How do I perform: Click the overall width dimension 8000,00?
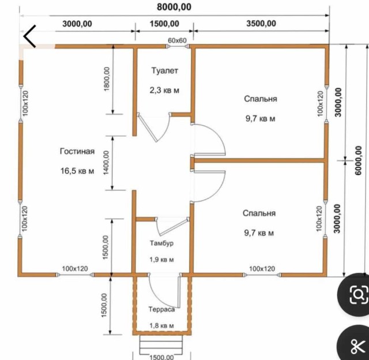click(174, 7)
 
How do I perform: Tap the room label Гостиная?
click(77, 151)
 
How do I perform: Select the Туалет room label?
click(164, 70)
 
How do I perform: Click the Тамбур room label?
click(161, 243)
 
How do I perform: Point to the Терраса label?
click(161, 309)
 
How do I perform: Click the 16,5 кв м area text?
click(77, 171)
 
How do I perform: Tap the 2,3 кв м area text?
click(164, 90)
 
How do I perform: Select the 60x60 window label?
click(177, 40)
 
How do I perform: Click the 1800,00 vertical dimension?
click(107, 79)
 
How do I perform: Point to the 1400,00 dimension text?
click(106, 163)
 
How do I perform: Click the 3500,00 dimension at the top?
click(261, 24)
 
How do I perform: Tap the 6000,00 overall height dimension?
click(358, 160)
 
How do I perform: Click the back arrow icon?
click(29, 36)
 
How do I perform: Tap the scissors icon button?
click(357, 346)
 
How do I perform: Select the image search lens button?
click(358, 294)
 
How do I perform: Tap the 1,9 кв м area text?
click(161, 260)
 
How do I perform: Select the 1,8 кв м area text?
click(161, 325)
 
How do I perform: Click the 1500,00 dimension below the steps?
click(161, 357)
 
